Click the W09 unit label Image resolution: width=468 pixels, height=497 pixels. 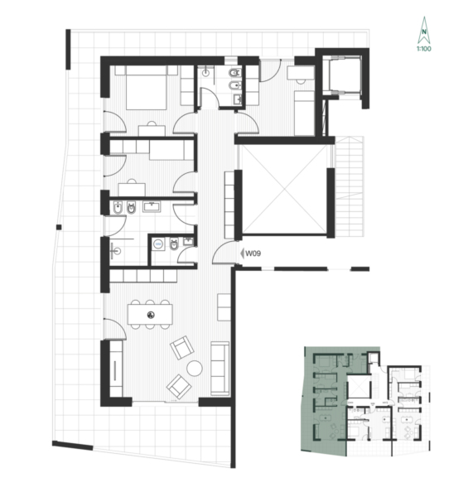(253, 253)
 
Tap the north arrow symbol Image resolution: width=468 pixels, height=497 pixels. (423, 30)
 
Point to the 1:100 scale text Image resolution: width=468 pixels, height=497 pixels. (424, 49)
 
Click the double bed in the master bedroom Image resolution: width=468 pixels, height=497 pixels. (147, 88)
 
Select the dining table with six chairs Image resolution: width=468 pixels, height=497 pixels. (150, 315)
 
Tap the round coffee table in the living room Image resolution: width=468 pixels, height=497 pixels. (195, 369)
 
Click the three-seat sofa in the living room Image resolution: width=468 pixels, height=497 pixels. (220, 369)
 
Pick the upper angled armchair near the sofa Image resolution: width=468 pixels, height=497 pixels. (182, 348)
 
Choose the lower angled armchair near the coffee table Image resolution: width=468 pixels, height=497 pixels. (179, 386)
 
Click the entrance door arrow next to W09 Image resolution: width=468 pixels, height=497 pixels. (242, 253)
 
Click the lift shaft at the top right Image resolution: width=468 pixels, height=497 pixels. (345, 75)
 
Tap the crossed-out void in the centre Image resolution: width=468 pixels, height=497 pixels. (285, 190)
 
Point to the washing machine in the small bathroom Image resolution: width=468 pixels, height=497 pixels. (158, 244)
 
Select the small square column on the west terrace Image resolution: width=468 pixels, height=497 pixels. (59, 227)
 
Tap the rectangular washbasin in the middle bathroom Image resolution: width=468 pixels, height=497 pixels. (152, 207)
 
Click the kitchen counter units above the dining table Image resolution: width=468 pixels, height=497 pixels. (143, 276)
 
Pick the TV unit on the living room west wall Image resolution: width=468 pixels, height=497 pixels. (116, 369)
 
